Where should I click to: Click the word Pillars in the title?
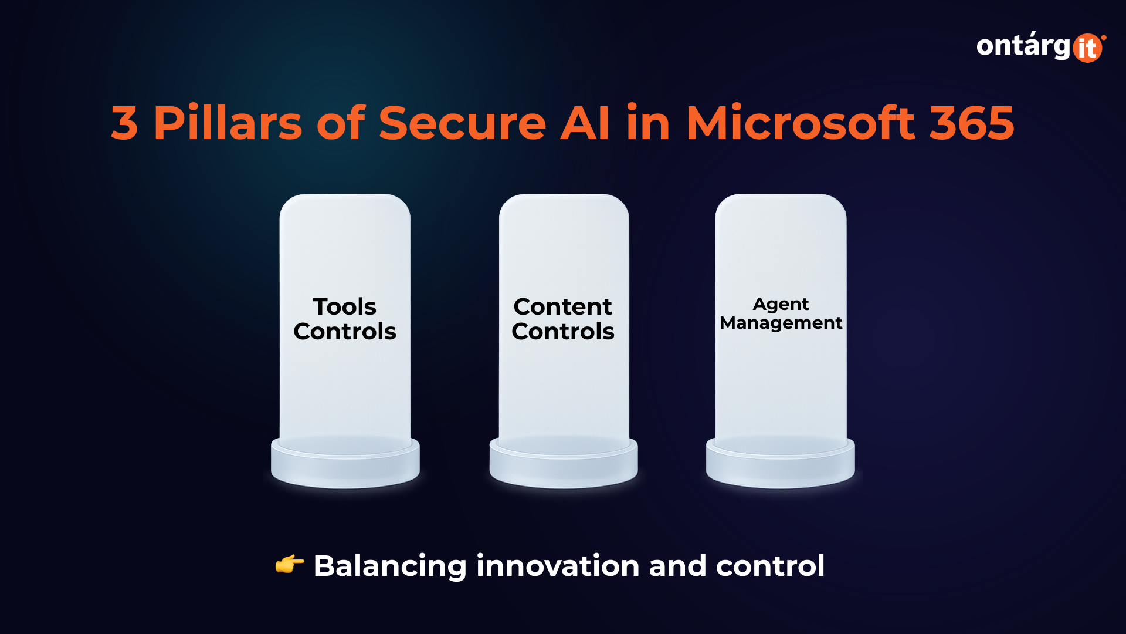pyautogui.click(x=228, y=123)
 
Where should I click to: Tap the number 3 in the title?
pyautogui.click(x=124, y=123)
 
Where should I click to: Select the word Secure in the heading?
pyautogui.click(x=462, y=123)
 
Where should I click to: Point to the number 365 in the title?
pyautogui.click(x=972, y=123)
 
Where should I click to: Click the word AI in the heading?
pyautogui.click(x=585, y=123)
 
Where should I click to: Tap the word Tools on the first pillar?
pyautogui.click(x=345, y=306)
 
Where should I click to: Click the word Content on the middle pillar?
pyautogui.click(x=563, y=306)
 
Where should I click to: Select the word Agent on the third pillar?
pyautogui.click(x=781, y=305)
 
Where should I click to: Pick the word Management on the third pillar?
pyautogui.click(x=781, y=323)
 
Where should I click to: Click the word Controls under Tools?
pyautogui.click(x=345, y=331)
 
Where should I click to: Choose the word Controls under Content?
pyautogui.click(x=563, y=331)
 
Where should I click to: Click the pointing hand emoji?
pyautogui.click(x=290, y=565)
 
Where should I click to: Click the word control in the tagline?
pyautogui.click(x=770, y=566)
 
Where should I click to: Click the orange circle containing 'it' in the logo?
pyautogui.click(x=1088, y=48)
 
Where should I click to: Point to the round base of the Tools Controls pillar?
pyautogui.click(x=345, y=464)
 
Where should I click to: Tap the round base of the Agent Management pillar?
pyautogui.click(x=781, y=464)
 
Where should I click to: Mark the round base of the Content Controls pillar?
pyautogui.click(x=564, y=464)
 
